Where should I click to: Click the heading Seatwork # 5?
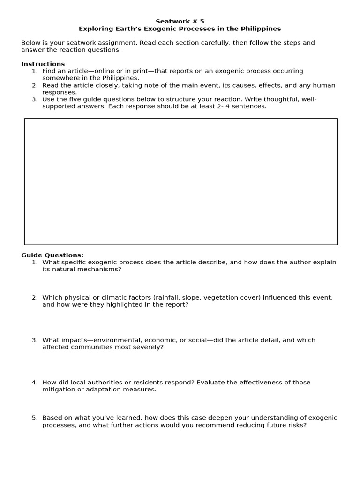[180, 21]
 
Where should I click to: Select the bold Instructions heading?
[43, 64]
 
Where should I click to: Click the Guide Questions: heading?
[52, 255]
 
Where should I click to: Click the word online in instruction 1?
[105, 71]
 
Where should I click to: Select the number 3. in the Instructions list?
[34, 99]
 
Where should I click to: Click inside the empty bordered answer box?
[181, 181]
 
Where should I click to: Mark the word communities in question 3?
[92, 347]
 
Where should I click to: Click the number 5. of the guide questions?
[34, 417]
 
